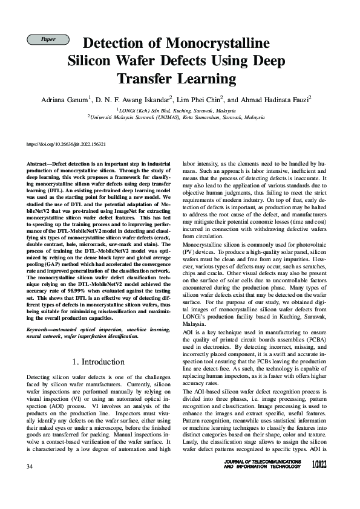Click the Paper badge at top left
click(48, 40)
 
